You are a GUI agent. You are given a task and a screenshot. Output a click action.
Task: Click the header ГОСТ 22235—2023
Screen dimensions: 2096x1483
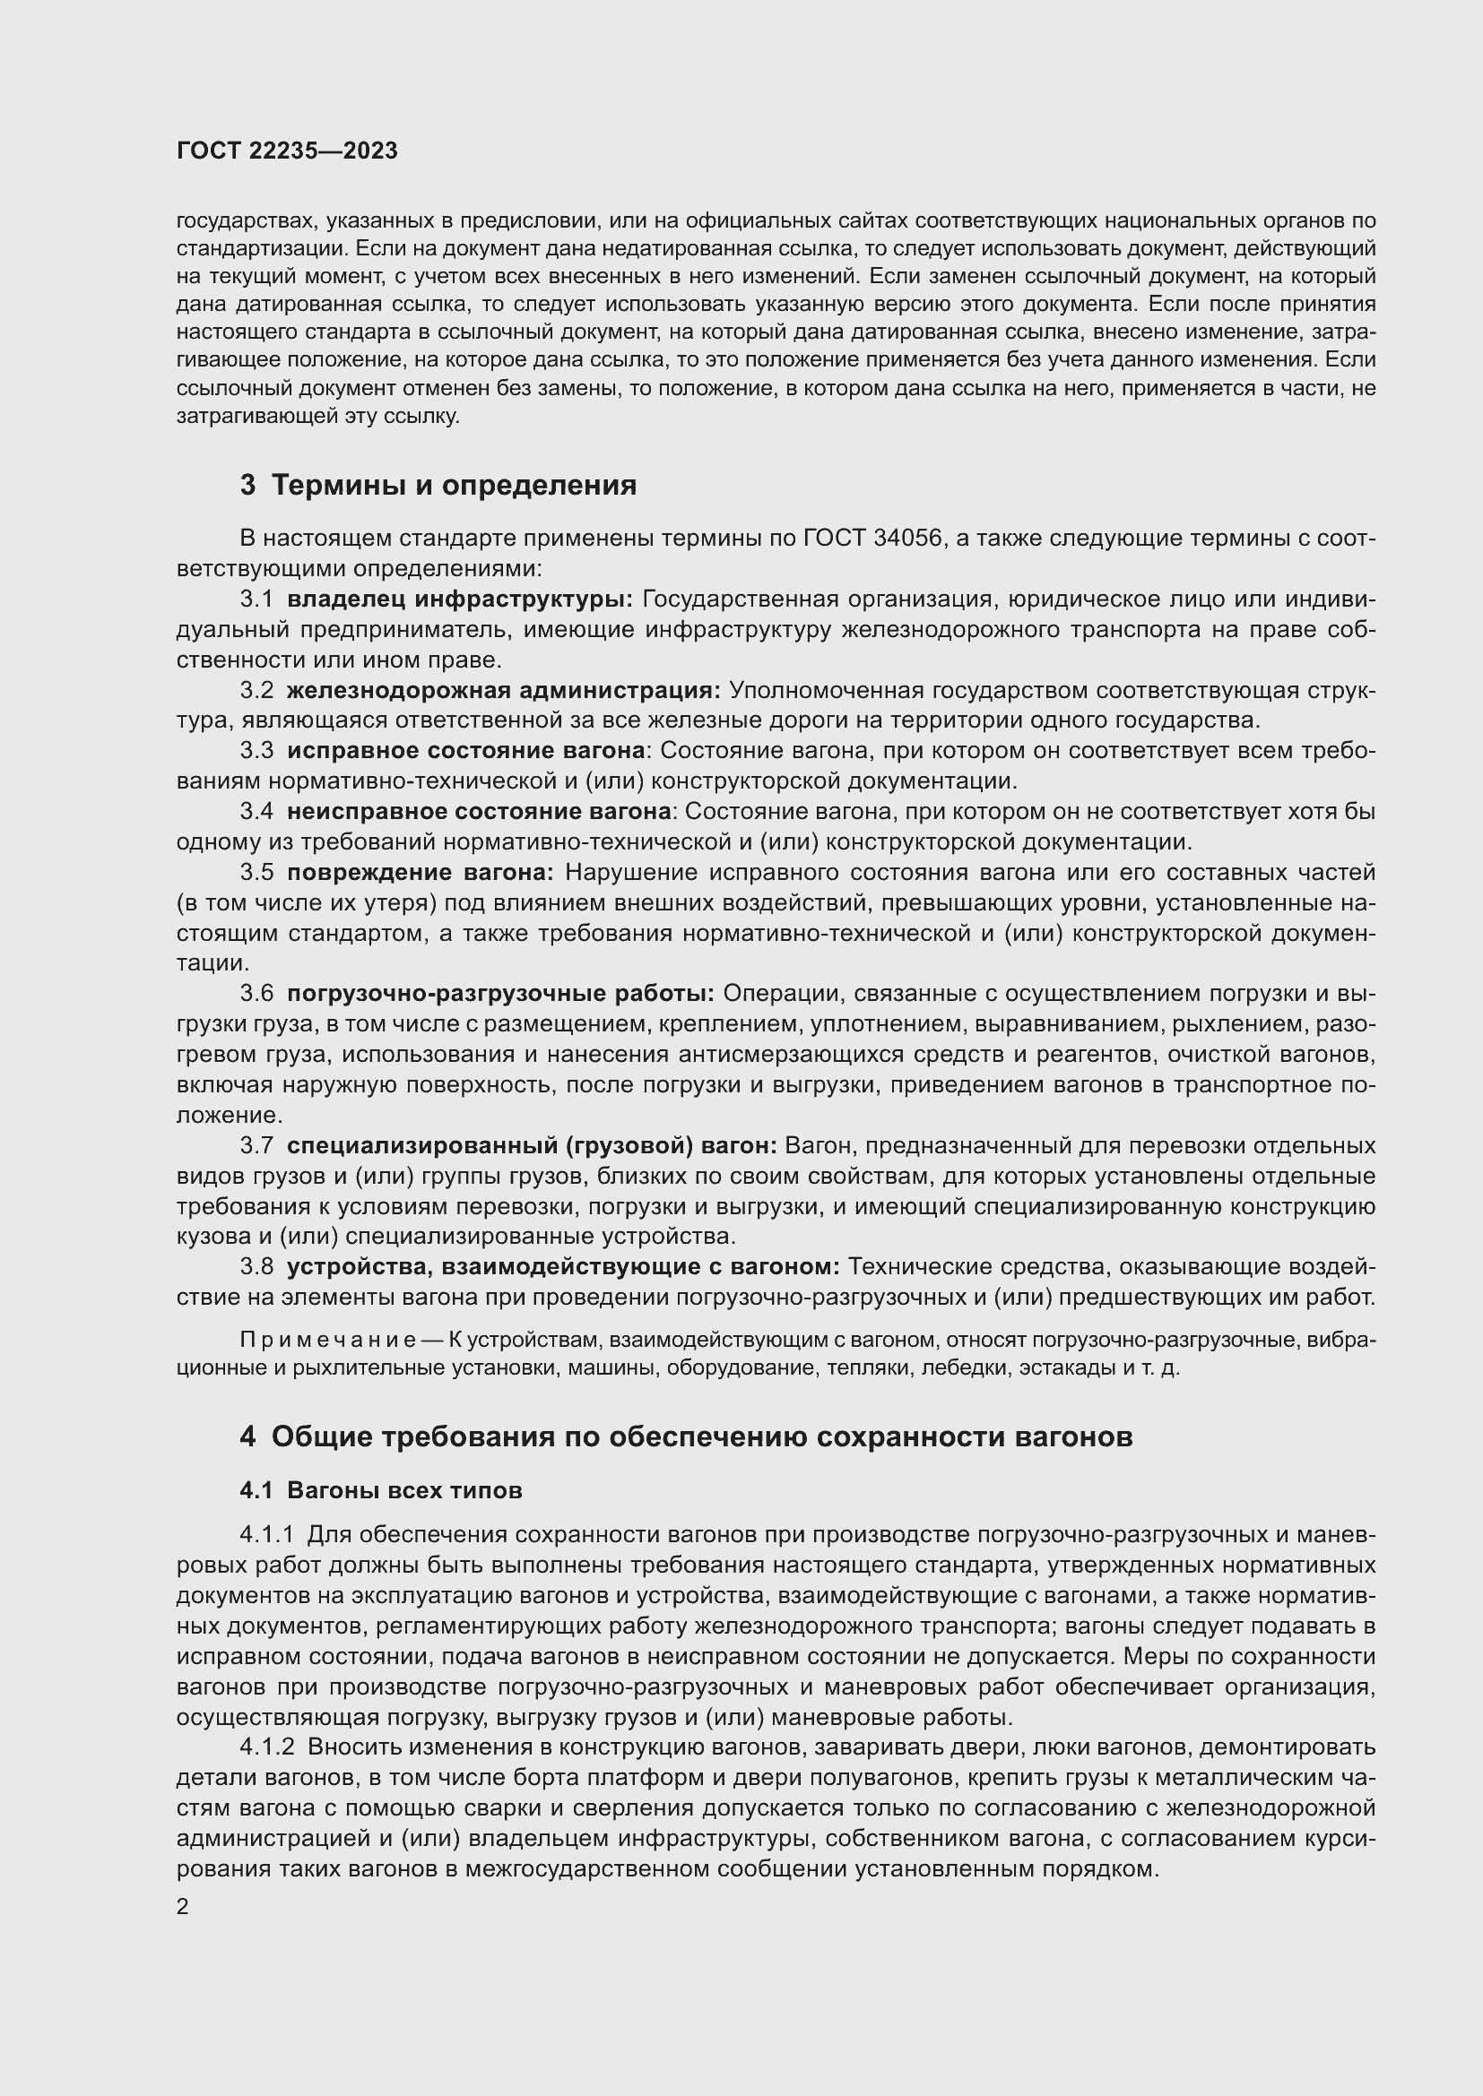pyautogui.click(x=287, y=151)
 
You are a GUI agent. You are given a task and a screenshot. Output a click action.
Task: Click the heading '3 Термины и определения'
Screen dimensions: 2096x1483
pyautogui.click(x=438, y=485)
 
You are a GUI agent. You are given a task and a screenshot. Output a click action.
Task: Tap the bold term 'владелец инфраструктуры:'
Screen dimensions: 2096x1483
pyautogui.click(x=459, y=599)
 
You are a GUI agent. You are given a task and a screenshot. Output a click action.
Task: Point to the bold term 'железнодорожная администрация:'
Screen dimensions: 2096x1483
pyautogui.click(x=503, y=690)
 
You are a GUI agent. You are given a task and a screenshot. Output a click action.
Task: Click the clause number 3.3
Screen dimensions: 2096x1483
pyautogui.click(x=256, y=750)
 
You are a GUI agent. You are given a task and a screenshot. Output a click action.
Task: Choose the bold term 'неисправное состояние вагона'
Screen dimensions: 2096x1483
pyautogui.click(x=479, y=812)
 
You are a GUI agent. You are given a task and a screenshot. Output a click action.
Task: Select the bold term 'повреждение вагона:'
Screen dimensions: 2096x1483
pyautogui.click(x=420, y=872)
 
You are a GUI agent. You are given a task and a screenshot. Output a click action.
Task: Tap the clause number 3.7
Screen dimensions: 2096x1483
pyautogui.click(x=256, y=1144)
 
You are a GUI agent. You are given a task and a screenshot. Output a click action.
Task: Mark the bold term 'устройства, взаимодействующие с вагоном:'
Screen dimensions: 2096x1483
pyautogui.click(x=562, y=1266)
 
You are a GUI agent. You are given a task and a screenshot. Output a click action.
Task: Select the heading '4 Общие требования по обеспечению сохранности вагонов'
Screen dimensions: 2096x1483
pyautogui.click(x=686, y=1436)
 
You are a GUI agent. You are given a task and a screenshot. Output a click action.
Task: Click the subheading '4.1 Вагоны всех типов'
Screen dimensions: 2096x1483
pyautogui.click(x=381, y=1491)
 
